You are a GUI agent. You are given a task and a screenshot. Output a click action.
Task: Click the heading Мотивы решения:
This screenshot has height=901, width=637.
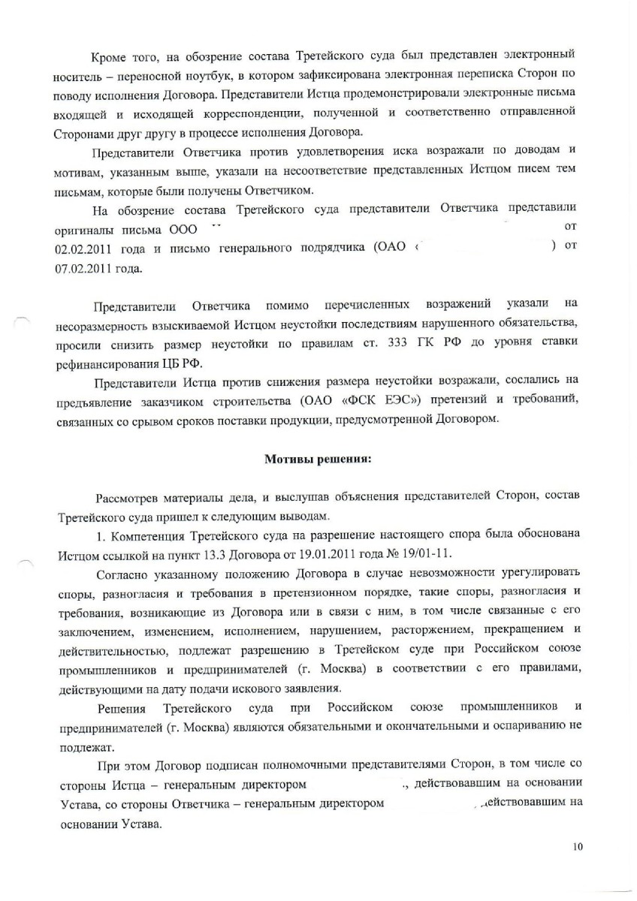(318, 461)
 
